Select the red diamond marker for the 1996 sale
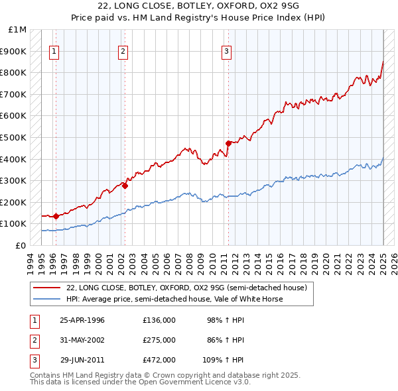(56, 215)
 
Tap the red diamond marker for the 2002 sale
(125, 186)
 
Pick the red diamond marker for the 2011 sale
(228, 143)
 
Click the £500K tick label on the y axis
(14, 137)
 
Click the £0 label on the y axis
(21, 245)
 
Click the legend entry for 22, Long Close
(186, 288)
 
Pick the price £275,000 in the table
(159, 340)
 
